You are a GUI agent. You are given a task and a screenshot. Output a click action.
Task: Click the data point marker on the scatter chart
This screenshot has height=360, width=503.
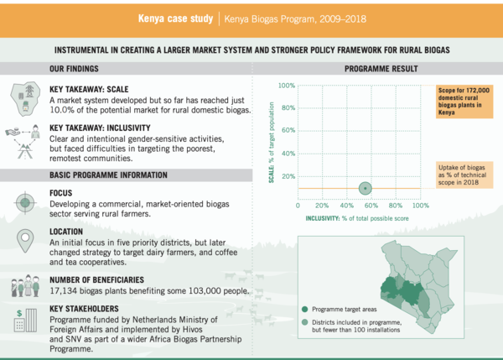tap(365, 188)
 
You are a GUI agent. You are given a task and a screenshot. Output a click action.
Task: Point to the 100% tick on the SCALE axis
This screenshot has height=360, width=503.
tap(286, 86)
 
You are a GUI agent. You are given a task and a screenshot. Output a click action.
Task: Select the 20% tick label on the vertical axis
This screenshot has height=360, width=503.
tap(286, 175)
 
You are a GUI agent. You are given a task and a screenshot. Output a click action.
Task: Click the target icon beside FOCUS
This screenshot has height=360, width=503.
tap(24, 202)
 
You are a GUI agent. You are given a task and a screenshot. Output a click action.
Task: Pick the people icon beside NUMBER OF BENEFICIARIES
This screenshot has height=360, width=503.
tap(25, 287)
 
